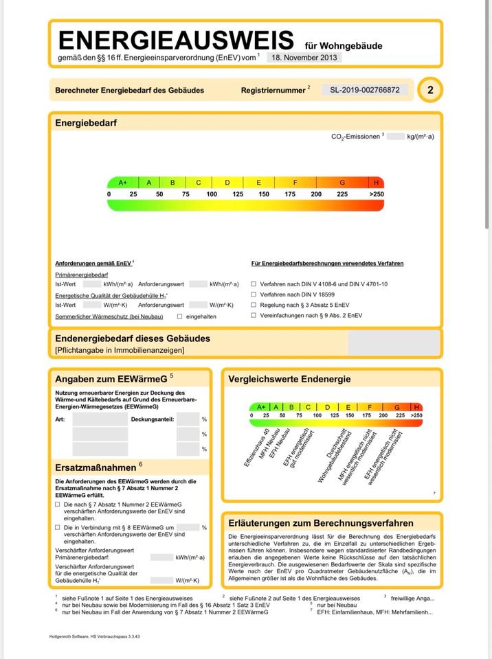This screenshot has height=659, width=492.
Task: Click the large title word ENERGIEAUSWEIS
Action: [176, 40]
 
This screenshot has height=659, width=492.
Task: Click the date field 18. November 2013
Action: [304, 58]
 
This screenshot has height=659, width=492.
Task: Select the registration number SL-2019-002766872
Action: [364, 90]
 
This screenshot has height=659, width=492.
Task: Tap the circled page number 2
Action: [430, 90]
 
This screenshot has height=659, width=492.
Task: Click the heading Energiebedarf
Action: [86, 123]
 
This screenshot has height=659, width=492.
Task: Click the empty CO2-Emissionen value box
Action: [395, 137]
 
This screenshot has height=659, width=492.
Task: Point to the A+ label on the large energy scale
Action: [123, 183]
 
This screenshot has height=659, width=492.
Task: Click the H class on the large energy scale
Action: [376, 183]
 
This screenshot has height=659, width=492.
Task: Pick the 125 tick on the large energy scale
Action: [238, 194]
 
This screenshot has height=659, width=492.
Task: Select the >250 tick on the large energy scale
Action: [376, 194]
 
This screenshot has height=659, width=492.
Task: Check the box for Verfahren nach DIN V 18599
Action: [254, 294]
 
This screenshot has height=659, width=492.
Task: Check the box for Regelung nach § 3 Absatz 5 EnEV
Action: [254, 304]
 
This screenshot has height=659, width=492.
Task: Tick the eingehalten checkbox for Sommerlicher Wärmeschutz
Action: [179, 316]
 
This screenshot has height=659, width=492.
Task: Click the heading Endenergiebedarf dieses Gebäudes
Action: [133, 338]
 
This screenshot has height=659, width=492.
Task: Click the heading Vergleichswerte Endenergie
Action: [289, 379]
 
